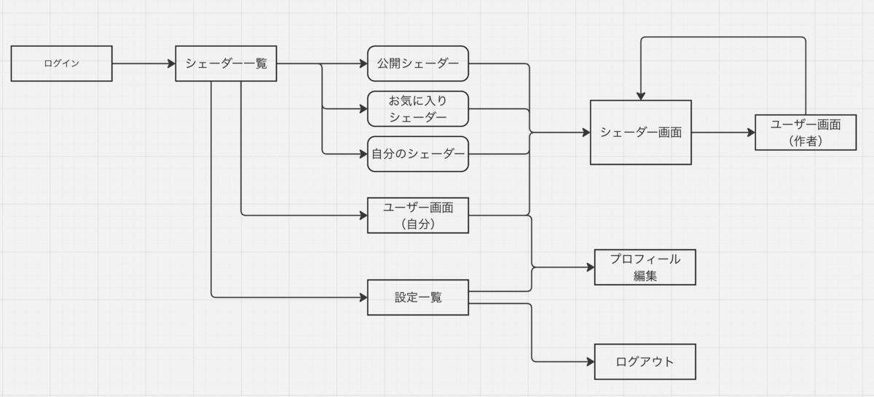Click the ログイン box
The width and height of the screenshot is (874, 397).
click(62, 63)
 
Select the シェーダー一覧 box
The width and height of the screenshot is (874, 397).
click(226, 63)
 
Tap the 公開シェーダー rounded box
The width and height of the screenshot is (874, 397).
click(418, 63)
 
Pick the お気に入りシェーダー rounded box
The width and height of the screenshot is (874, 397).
click(418, 109)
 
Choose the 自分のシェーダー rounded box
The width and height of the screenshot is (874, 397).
click(418, 154)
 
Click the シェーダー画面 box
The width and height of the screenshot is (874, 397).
click(641, 133)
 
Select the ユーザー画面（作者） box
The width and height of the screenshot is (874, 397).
click(806, 133)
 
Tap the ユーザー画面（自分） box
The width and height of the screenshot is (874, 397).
click(418, 216)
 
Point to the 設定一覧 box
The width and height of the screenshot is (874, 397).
click(418, 297)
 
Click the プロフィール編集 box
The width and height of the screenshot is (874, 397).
click(645, 267)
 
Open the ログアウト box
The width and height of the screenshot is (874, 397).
click(645, 362)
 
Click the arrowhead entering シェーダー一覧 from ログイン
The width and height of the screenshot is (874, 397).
click(171, 63)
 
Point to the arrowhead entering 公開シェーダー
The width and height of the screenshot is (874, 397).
click(363, 63)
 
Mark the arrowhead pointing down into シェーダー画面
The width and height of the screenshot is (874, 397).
click(641, 96)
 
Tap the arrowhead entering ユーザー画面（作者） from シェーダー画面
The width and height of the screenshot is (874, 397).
click(751, 133)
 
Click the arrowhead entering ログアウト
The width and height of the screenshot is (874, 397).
click(591, 362)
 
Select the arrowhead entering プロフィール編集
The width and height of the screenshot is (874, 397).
click(591, 267)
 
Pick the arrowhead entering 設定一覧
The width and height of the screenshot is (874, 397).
click(363, 297)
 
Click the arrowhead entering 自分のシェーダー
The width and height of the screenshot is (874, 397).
click(363, 154)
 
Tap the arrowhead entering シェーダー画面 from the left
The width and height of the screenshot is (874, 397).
click(586, 133)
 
